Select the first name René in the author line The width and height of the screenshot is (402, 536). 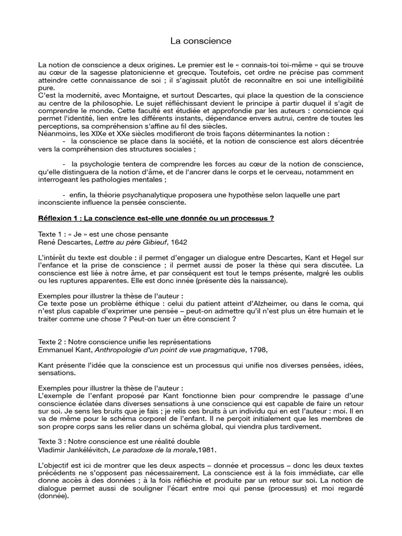(47, 242)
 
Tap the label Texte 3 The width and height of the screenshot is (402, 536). (51, 441)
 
